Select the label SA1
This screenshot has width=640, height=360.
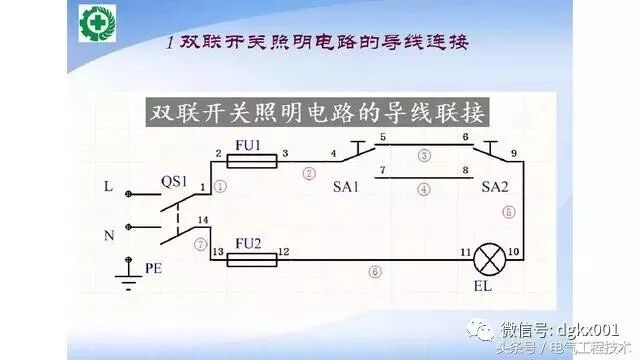(x=345, y=187)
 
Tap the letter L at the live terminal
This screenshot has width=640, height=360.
(x=108, y=186)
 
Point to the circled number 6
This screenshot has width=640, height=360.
(x=375, y=271)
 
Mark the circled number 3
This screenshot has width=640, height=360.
(x=424, y=156)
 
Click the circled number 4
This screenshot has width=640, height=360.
(x=424, y=187)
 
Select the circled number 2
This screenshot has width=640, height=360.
(x=308, y=172)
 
